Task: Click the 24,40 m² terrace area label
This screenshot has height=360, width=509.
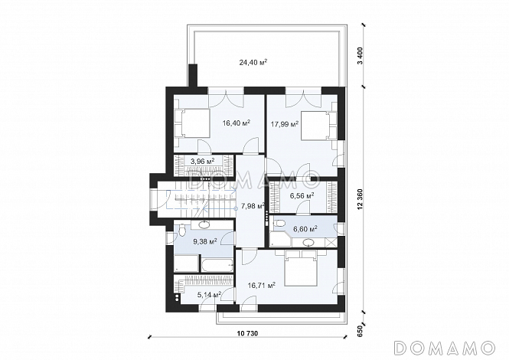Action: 253,62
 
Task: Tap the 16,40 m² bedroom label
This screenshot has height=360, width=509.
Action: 237,123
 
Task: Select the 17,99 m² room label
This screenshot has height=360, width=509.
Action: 285,124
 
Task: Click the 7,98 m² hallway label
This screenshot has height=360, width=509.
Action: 253,206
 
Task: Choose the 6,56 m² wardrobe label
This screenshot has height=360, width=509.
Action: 302,195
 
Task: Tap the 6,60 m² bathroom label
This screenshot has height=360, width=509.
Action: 305,229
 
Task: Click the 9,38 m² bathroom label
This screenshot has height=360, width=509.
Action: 205,241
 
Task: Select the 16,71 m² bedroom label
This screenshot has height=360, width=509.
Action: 262,285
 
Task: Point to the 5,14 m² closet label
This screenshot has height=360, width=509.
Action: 210,295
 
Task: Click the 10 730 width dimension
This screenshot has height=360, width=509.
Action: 247,333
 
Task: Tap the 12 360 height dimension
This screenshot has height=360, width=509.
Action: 362,200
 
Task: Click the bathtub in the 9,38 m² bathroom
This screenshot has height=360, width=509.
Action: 217,266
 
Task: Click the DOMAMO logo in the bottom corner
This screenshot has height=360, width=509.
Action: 445,347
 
